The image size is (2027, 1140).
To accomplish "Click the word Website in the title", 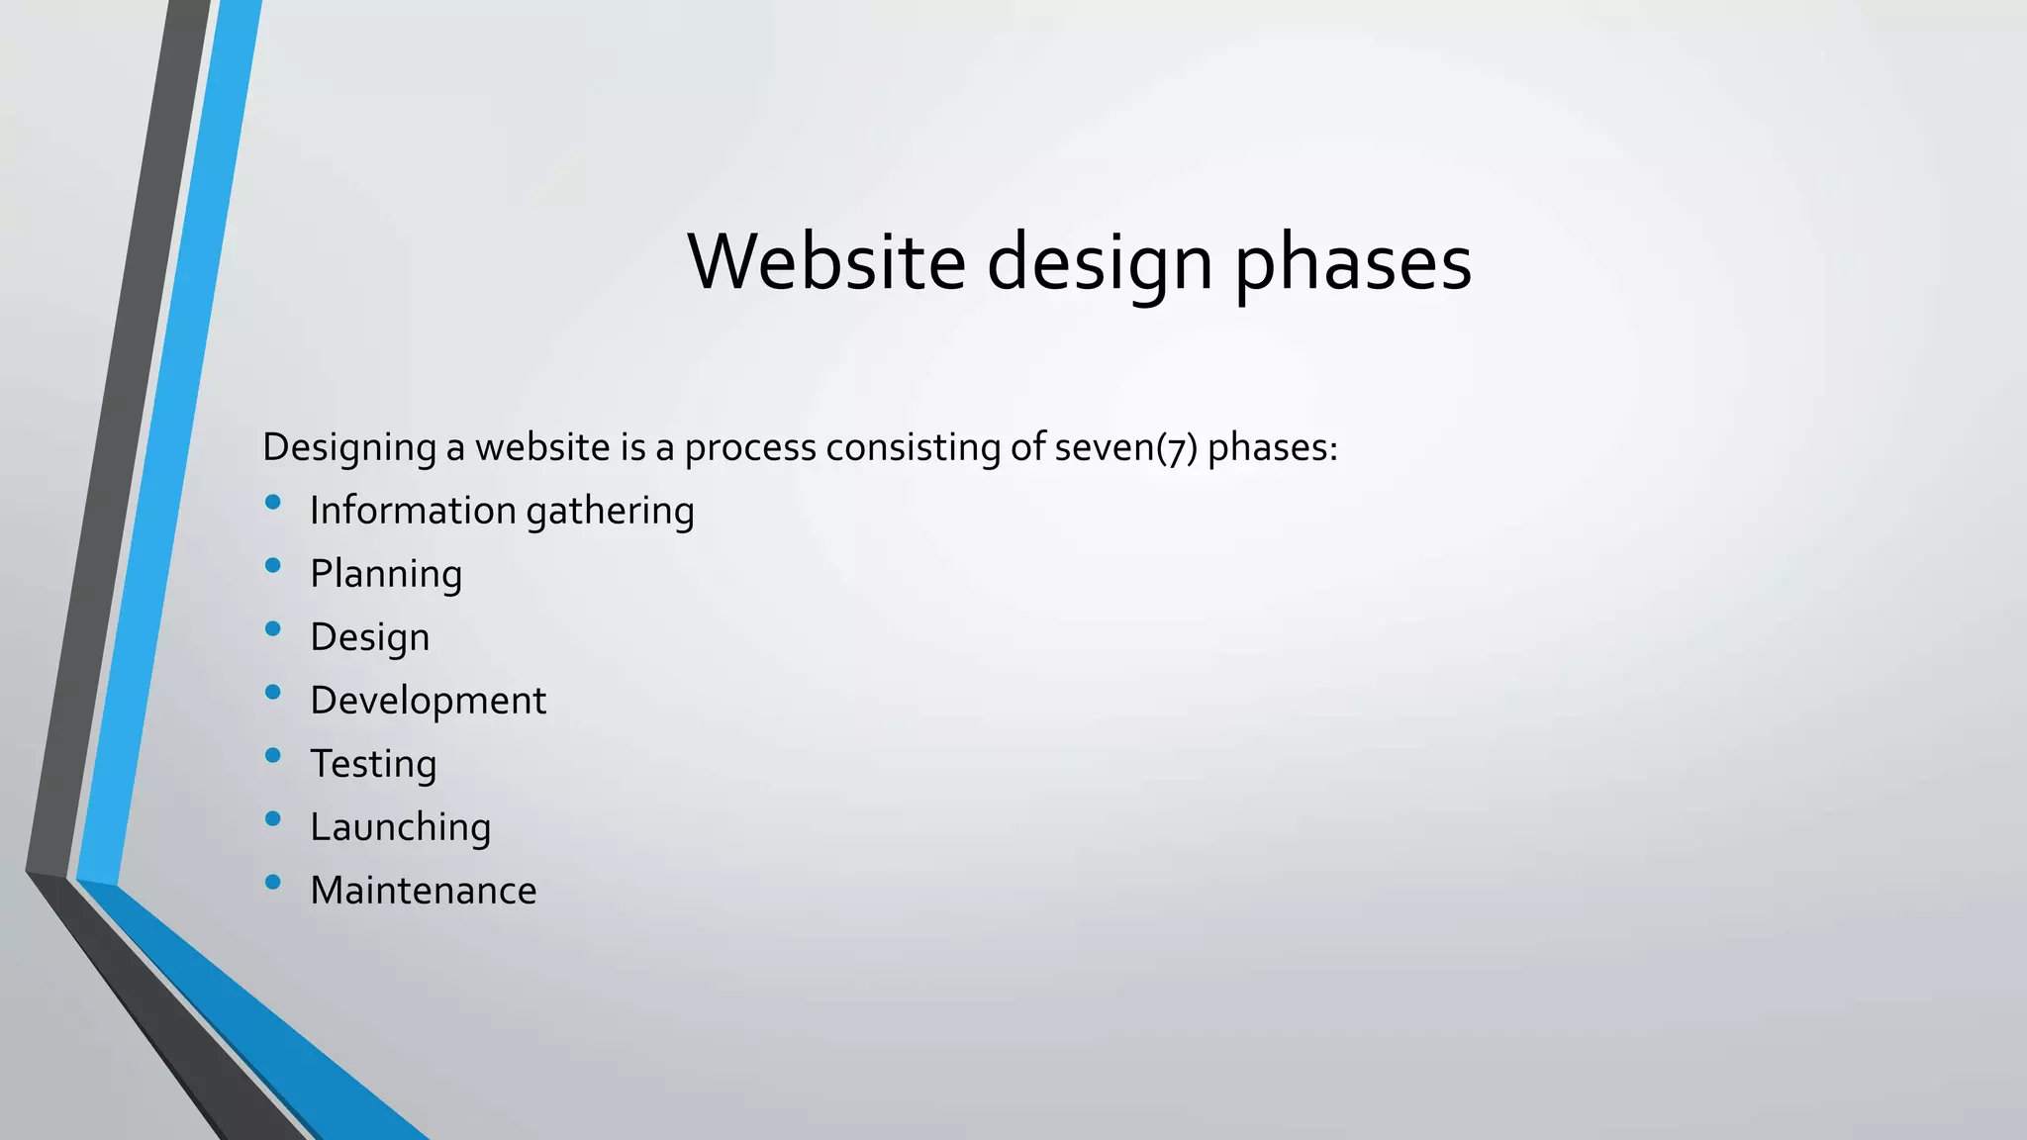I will (x=826, y=262).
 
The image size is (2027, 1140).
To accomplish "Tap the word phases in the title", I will (x=1353, y=264).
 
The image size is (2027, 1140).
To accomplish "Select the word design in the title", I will (x=1099, y=264).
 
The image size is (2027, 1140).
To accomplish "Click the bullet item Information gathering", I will (x=502, y=511).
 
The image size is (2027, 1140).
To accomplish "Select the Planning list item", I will (x=386, y=574).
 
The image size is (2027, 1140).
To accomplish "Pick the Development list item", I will (x=428, y=701).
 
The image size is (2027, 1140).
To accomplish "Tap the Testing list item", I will (x=373, y=764).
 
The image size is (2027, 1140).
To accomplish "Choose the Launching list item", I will (x=400, y=827).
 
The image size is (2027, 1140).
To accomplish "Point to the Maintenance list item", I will (x=423, y=891).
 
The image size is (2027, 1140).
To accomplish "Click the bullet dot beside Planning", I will (x=273, y=565).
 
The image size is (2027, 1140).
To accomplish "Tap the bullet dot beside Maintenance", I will (x=273, y=882).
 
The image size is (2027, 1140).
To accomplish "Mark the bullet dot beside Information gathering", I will (x=273, y=502).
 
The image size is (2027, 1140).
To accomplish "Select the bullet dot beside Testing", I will (x=273, y=755).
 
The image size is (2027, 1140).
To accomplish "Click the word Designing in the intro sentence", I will (x=348, y=448).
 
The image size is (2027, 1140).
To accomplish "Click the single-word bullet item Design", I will (x=369, y=637).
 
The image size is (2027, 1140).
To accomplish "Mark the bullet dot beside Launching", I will (x=273, y=818).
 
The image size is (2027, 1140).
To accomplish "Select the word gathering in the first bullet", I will (x=610, y=512).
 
